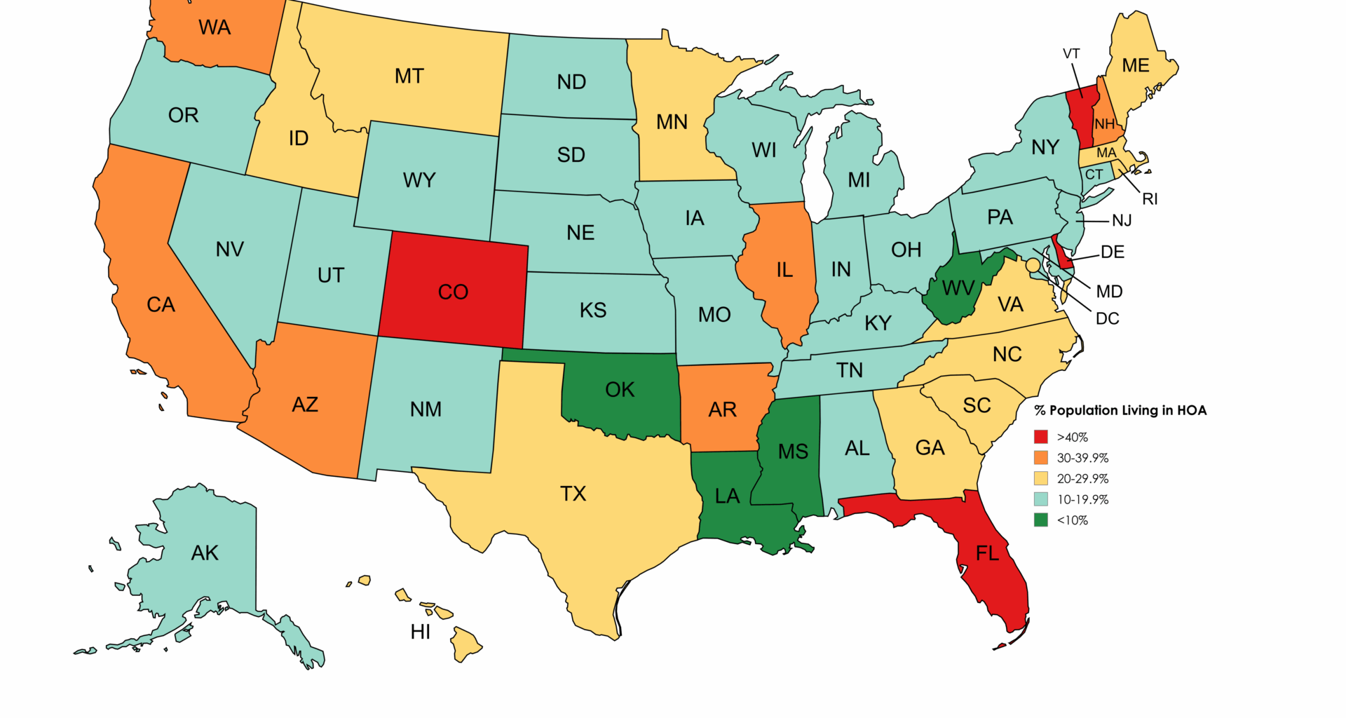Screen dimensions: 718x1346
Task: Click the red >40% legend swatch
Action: coord(1041,437)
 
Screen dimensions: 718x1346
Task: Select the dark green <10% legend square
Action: coord(1041,520)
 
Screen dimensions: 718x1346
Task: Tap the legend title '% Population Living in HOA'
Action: coord(1120,410)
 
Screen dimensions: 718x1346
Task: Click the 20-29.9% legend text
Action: coord(1082,479)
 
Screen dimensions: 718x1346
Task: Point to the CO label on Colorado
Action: coord(453,292)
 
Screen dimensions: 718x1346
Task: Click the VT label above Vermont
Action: coord(1071,54)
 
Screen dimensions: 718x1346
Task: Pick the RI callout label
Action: coord(1150,199)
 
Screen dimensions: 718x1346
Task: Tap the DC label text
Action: coord(1107,318)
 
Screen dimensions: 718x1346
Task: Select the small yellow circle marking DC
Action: coord(1033,265)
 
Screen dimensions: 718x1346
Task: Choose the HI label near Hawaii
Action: coord(421,632)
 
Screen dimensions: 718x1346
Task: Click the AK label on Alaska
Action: coord(205,553)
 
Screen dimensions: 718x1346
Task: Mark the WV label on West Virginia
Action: coord(958,288)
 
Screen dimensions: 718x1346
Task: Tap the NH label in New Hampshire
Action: coord(1105,124)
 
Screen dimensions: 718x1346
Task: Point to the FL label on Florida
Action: coord(987,554)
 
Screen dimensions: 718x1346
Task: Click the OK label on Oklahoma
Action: coord(620,390)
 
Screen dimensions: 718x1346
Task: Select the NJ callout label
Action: coord(1122,221)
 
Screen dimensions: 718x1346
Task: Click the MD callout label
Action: coord(1109,291)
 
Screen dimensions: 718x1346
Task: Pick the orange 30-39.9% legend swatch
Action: coord(1041,458)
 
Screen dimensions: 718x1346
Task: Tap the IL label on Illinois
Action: coord(784,270)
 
